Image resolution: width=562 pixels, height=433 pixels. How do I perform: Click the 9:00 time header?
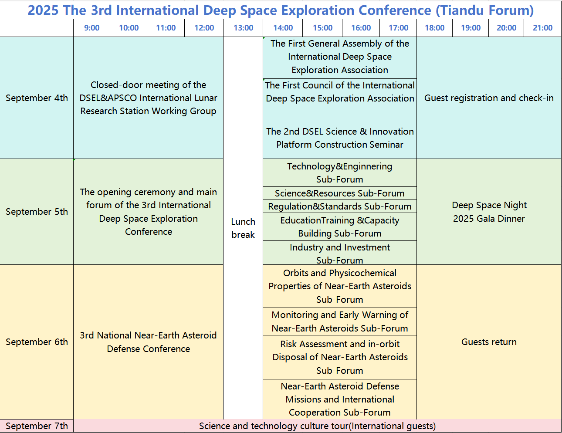[x=91, y=27]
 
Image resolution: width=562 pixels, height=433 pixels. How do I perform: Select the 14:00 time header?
[x=283, y=27]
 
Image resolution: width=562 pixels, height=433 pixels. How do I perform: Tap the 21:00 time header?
[x=542, y=27]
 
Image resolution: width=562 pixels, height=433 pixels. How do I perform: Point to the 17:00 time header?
[x=398, y=27]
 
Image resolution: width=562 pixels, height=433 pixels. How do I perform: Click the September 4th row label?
[x=37, y=98]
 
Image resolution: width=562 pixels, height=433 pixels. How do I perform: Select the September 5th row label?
[x=37, y=212]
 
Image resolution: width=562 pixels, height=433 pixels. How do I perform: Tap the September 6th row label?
[x=37, y=342]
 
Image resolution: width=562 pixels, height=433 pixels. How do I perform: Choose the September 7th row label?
[x=37, y=426]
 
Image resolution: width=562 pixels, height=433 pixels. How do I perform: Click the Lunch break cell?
[x=243, y=228]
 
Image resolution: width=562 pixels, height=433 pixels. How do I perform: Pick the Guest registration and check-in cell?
[x=489, y=98]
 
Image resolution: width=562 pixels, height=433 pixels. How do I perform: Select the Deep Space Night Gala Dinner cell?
[x=489, y=212]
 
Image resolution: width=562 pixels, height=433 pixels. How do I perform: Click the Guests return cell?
[x=489, y=342]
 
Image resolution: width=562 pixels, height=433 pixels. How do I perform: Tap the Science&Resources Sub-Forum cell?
[x=339, y=193]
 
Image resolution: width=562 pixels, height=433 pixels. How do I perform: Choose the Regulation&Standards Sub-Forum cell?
[x=339, y=206]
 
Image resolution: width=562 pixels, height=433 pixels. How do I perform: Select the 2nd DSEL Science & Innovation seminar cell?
[x=339, y=138]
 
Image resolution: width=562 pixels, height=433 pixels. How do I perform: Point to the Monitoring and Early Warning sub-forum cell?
[x=339, y=321]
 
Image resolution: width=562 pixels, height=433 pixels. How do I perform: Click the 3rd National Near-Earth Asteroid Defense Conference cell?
[x=149, y=342]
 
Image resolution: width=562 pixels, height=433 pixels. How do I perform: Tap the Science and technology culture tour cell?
[x=317, y=426]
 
